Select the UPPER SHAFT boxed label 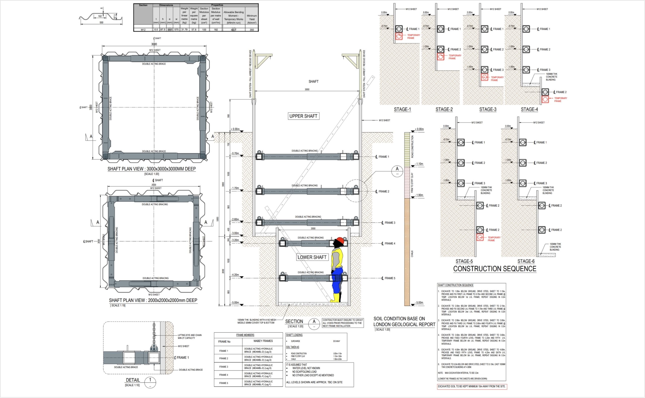point(303,116)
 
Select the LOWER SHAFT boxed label point(312,257)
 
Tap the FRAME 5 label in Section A point(390,278)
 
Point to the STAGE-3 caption point(488,109)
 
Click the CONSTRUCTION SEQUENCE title point(495,269)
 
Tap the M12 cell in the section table point(143,30)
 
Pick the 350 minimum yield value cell point(252,30)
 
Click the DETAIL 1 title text point(133,380)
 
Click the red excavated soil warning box point(472,386)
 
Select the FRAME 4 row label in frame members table point(223,375)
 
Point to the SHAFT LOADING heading point(294,335)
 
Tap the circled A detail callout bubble point(397,171)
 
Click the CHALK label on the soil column point(412,254)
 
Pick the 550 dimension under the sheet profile point(101,23)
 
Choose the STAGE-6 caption point(526,261)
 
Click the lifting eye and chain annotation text point(190,336)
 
